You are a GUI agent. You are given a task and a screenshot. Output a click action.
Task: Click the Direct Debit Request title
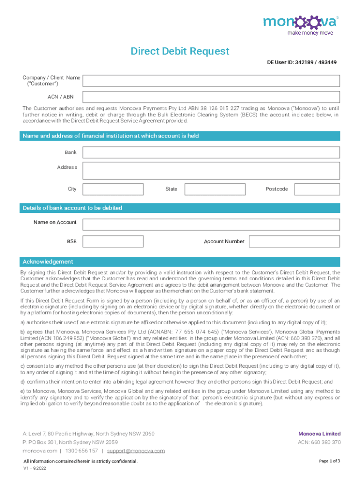tap(180, 51)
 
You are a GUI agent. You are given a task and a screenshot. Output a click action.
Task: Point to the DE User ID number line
tap(302, 62)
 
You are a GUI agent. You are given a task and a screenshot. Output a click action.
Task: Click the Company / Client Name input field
tap(211, 80)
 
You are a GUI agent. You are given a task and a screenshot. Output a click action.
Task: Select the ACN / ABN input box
tap(211, 97)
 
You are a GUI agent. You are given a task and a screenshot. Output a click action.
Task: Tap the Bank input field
tap(211, 152)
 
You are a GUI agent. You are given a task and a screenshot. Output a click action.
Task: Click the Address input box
tap(211, 171)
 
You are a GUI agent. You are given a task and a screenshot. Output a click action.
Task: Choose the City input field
tap(113, 189)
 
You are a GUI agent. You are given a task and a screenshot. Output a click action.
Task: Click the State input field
tap(215, 189)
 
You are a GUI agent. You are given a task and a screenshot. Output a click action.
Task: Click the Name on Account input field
tap(211, 224)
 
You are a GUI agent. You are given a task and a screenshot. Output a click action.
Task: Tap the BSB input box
tap(113, 241)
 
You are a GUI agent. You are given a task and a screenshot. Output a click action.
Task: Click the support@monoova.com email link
tap(136, 451)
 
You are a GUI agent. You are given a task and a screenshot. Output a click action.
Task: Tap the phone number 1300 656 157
tap(82, 451)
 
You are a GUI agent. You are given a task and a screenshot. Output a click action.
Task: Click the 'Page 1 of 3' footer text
tap(330, 461)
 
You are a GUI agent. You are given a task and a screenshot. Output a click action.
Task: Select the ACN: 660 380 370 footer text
tap(319, 443)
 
